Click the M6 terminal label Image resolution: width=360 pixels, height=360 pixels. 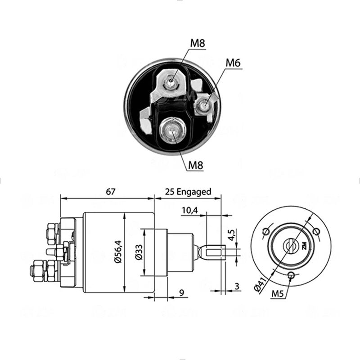click(x=233, y=63)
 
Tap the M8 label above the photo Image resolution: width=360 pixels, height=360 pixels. click(x=198, y=43)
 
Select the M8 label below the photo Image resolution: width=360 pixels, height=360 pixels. click(x=196, y=165)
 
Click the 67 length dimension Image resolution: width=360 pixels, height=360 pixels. click(x=110, y=192)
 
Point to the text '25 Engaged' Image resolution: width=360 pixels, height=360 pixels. click(x=188, y=192)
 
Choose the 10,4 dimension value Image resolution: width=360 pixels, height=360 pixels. click(x=190, y=210)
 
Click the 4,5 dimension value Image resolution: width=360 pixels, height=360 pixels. click(x=232, y=235)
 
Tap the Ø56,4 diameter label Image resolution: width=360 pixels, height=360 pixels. click(x=118, y=252)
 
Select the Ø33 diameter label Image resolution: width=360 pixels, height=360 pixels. click(x=139, y=252)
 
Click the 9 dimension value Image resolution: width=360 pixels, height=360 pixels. click(x=182, y=293)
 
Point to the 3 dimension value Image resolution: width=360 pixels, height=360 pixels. click(x=237, y=286)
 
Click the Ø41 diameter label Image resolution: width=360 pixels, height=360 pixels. click(x=261, y=284)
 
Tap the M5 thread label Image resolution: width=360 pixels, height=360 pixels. click(x=278, y=294)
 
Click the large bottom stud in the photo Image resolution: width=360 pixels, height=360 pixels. click(x=171, y=131)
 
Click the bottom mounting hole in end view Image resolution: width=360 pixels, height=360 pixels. click(x=292, y=274)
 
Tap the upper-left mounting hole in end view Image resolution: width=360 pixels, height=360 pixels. click(x=266, y=231)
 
